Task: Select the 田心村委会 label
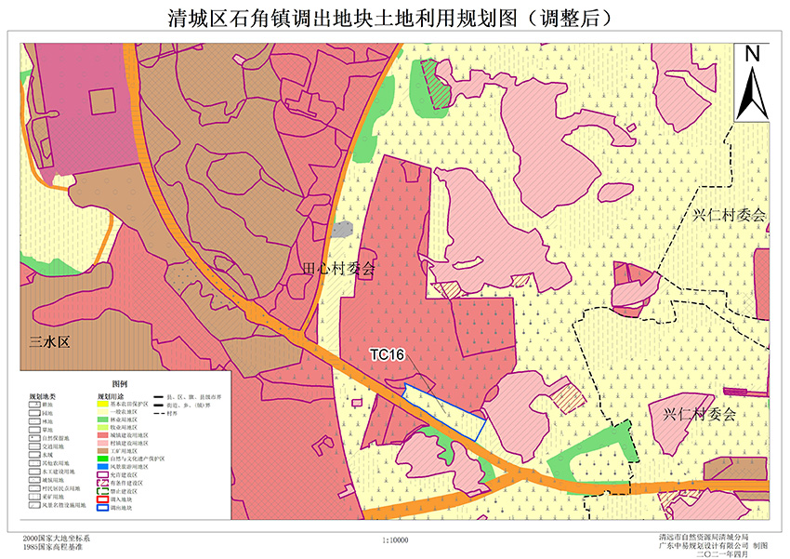click(x=340, y=270)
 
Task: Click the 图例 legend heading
click(x=120, y=384)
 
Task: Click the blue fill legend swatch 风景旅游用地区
click(x=103, y=466)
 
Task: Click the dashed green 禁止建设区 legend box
click(x=103, y=491)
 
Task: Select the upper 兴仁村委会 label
click(x=731, y=215)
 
